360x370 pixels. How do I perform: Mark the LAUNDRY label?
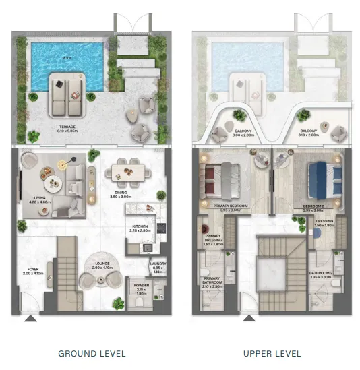(158, 265)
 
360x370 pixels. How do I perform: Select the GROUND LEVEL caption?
(92, 353)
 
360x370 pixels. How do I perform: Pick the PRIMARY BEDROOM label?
(229, 206)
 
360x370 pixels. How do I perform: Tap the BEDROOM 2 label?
(315, 206)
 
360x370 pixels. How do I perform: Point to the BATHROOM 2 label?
(321, 273)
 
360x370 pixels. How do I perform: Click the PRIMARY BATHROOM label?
(212, 284)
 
